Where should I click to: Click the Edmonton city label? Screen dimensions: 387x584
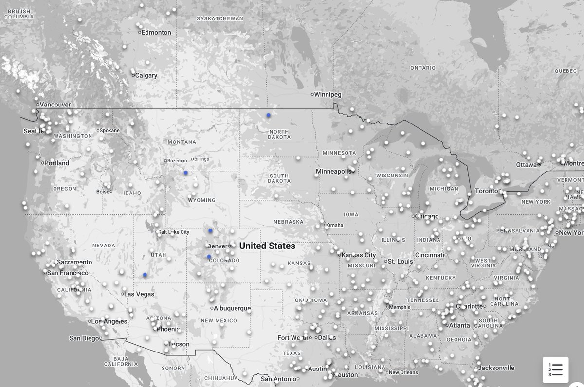click(x=156, y=33)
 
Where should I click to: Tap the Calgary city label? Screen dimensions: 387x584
click(x=146, y=76)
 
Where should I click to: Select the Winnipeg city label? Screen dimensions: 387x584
click(x=328, y=94)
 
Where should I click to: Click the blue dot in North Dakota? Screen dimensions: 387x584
click(x=268, y=115)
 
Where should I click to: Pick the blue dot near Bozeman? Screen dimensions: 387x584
click(x=185, y=173)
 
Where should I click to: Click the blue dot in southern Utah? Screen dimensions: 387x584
click(x=145, y=275)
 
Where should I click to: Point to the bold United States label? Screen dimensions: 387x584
click(x=267, y=246)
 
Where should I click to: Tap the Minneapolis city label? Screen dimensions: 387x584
click(x=333, y=172)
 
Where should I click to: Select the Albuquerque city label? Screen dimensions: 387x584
click(x=232, y=308)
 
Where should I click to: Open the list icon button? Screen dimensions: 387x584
click(x=555, y=369)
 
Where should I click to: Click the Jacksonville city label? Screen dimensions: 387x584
click(x=496, y=368)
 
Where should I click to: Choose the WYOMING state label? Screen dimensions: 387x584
click(x=202, y=200)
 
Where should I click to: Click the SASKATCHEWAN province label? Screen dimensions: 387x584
click(x=220, y=18)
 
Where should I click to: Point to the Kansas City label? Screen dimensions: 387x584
click(x=359, y=255)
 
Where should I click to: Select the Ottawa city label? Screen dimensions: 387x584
click(x=526, y=165)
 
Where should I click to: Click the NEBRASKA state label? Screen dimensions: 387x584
click(x=289, y=222)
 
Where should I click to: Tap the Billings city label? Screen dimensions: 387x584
click(x=201, y=159)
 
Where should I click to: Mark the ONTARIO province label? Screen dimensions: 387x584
click(x=423, y=68)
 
